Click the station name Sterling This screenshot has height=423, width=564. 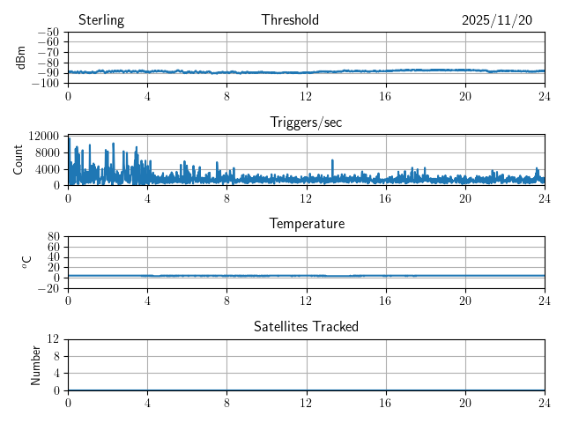tap(101, 20)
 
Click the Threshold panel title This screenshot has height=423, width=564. tap(290, 20)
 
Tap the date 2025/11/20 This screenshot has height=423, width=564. tap(497, 20)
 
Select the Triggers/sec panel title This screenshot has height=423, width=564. tap(306, 122)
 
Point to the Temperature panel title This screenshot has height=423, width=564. tap(306, 224)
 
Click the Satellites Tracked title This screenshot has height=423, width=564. tap(306, 326)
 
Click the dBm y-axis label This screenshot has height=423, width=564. tap(21, 57)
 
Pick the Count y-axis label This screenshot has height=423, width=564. tap(18, 160)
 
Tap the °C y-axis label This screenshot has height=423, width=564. tap(26, 262)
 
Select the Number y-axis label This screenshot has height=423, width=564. tap(36, 364)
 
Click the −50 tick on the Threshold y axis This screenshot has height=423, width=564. tap(48, 33)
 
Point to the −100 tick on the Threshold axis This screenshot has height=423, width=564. tap(45, 83)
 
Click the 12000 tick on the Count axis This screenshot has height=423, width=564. tap(44, 136)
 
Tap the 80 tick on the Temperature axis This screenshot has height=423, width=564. tap(54, 237)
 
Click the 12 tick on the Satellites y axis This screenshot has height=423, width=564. tap(54, 339)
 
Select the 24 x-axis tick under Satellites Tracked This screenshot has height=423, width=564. tap(545, 402)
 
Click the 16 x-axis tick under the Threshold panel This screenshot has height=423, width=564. tap(386, 95)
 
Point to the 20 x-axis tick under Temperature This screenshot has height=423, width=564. tap(465, 300)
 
